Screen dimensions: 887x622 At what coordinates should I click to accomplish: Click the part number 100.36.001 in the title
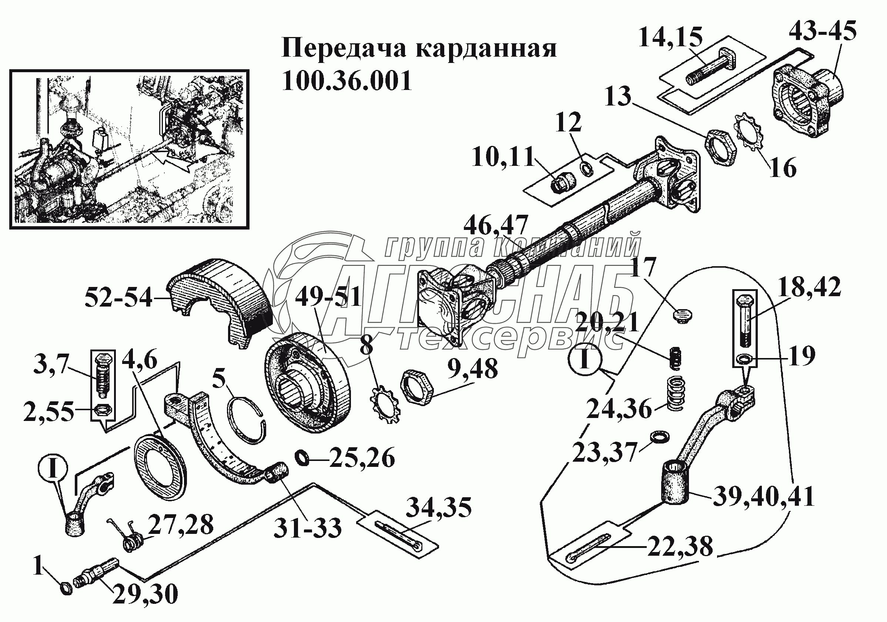click(x=347, y=81)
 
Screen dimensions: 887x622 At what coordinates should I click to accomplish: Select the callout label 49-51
click(x=328, y=297)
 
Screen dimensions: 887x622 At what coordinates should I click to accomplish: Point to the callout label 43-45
click(x=822, y=31)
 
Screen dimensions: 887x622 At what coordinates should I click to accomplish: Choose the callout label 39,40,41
click(x=763, y=496)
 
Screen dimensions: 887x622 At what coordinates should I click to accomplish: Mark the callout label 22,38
click(x=680, y=546)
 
